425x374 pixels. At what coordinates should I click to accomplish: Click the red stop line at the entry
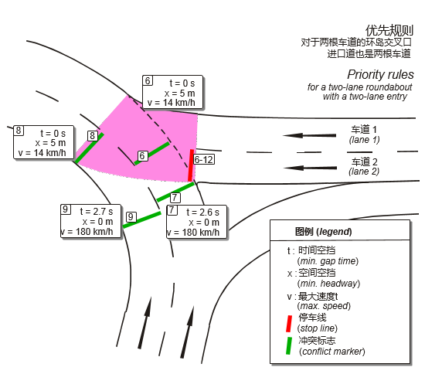tap(191, 165)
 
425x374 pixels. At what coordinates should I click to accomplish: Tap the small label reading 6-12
tap(204, 160)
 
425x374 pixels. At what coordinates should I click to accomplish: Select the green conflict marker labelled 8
tap(90, 148)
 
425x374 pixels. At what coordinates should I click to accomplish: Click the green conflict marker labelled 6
tap(152, 153)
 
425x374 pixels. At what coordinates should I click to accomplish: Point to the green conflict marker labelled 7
tap(175, 192)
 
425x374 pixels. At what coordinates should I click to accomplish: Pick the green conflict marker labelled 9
tap(141, 219)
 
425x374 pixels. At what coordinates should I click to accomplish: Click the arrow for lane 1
tap(309, 135)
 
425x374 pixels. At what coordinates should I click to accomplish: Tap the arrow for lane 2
tap(310, 168)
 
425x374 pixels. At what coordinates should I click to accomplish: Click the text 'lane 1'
tap(364, 140)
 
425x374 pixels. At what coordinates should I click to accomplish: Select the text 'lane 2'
tap(364, 172)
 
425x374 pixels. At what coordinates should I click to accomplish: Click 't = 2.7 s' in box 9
tap(97, 212)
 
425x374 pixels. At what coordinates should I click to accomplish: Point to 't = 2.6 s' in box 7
tap(202, 212)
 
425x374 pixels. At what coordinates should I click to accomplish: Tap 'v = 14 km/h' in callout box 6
tap(172, 103)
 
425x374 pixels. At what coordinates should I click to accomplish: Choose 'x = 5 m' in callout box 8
tap(50, 143)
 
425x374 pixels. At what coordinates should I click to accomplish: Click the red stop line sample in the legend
tap(289, 324)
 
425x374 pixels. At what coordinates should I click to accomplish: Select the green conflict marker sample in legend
tap(289, 346)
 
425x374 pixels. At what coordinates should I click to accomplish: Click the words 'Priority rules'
tap(380, 75)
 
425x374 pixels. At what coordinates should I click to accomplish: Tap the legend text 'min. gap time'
tap(328, 261)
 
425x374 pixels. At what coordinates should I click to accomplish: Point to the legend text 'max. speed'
tap(324, 306)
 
